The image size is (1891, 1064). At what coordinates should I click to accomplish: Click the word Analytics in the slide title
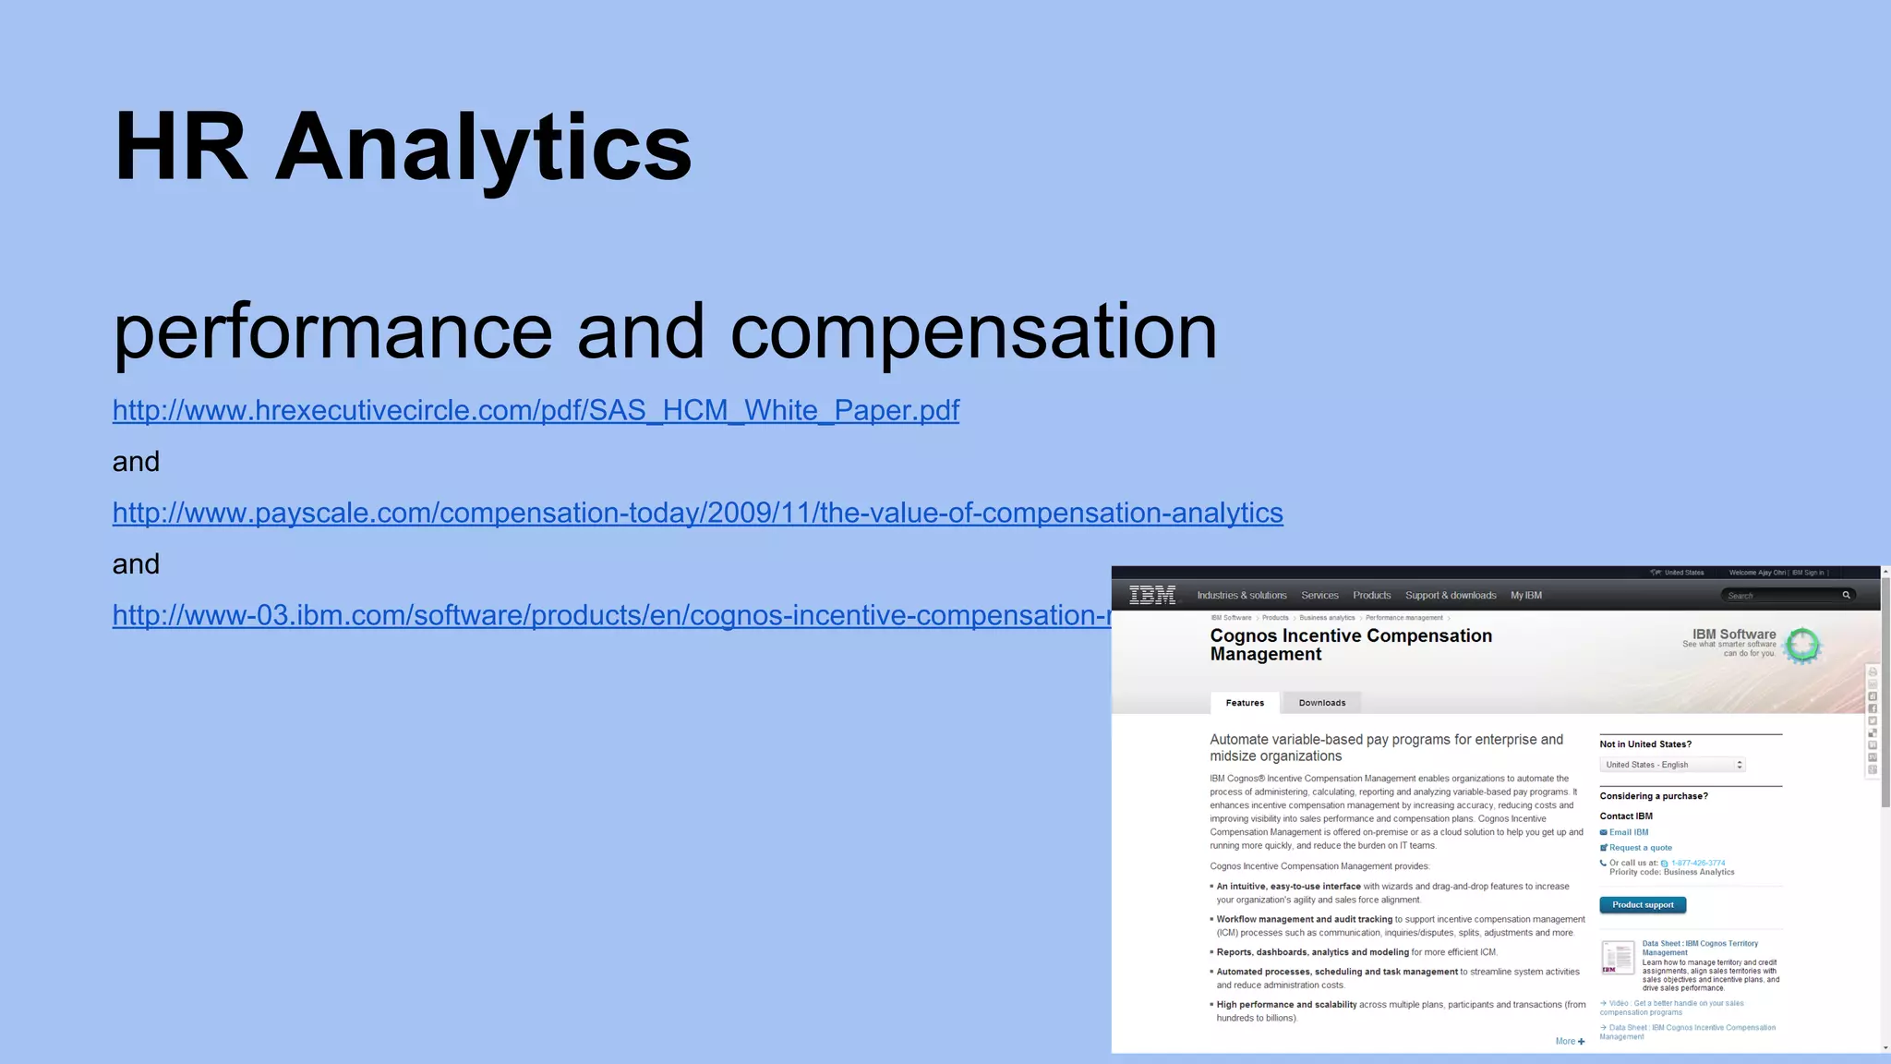(x=483, y=148)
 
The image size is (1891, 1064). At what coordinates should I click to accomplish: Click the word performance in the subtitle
(x=332, y=331)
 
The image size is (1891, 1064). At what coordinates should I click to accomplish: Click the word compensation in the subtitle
(x=973, y=331)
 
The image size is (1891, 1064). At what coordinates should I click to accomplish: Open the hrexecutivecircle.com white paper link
(x=536, y=410)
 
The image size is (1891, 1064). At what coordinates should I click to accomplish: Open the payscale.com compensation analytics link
(x=697, y=513)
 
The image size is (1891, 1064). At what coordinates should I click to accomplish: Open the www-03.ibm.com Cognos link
(x=610, y=615)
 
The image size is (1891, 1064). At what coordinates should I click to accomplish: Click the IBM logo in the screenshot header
(x=1152, y=596)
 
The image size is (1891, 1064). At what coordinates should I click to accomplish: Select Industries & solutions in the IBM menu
(x=1242, y=596)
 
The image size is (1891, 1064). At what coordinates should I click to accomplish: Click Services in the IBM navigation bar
(x=1319, y=596)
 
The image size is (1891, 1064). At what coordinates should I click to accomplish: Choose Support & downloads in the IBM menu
(x=1451, y=596)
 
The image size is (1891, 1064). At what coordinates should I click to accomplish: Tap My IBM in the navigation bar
(x=1526, y=596)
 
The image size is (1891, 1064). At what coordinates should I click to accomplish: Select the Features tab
(x=1245, y=703)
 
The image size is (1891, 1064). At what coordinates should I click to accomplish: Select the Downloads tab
(x=1322, y=703)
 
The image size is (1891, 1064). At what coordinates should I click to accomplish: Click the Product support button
(x=1643, y=905)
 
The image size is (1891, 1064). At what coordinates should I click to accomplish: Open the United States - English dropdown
(x=1672, y=765)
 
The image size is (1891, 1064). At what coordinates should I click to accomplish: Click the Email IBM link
(x=1628, y=832)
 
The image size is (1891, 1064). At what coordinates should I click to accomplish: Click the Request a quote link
(x=1640, y=848)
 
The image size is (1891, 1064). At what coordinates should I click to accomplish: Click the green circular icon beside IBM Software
(x=1801, y=645)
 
